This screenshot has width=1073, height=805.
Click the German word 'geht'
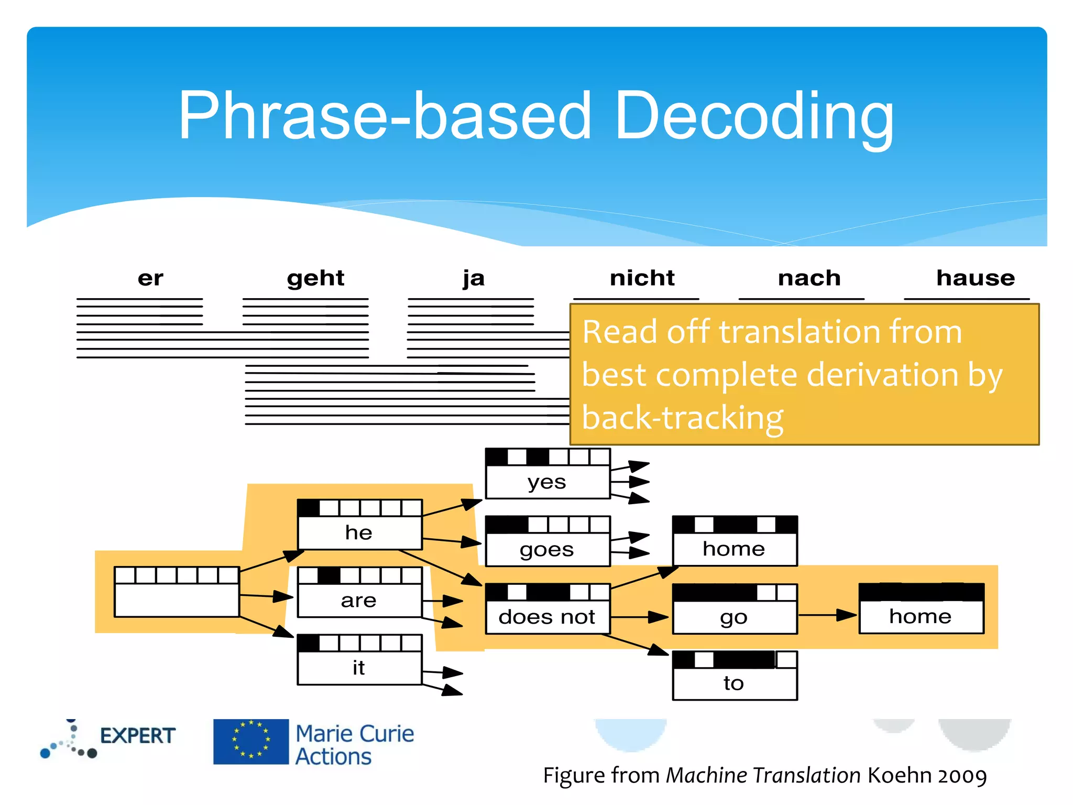click(x=315, y=278)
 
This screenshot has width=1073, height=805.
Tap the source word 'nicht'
click(x=642, y=278)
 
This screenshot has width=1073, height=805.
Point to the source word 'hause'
click(x=975, y=278)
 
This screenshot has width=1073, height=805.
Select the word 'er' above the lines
click(x=150, y=278)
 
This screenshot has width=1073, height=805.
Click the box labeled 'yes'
click(x=548, y=474)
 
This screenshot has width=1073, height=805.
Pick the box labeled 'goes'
click(x=548, y=542)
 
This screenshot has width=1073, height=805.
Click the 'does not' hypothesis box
click(x=548, y=610)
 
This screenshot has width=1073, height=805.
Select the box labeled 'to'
click(x=735, y=676)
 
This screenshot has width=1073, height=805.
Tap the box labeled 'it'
click(x=359, y=660)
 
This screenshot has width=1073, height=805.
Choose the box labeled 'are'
click(x=359, y=593)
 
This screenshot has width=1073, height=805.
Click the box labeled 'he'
click(x=359, y=525)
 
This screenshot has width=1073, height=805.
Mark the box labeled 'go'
click(x=735, y=610)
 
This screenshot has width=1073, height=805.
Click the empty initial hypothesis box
click(x=177, y=592)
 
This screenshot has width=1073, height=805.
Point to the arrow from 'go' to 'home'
click(x=828, y=615)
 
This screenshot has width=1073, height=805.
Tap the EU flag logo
click(x=250, y=742)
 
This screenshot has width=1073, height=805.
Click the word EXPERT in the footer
click(x=137, y=736)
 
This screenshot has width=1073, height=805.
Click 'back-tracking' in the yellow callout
click(x=682, y=418)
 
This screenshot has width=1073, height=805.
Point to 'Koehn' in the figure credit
click(x=899, y=776)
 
